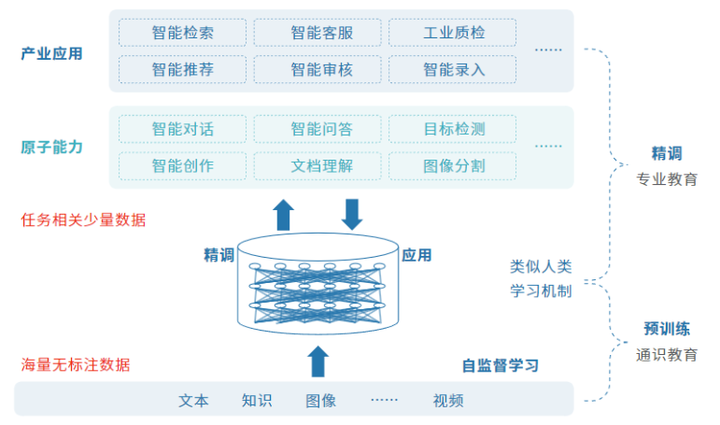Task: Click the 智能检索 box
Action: tap(182, 33)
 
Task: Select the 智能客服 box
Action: tap(318, 33)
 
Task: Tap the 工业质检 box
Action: tap(452, 33)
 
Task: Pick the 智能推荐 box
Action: tap(182, 69)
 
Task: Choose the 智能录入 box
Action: tap(452, 69)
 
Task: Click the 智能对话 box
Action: tap(182, 129)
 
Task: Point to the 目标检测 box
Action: tap(452, 129)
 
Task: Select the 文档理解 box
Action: tap(318, 166)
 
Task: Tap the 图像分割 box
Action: tap(452, 166)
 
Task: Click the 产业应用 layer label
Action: tap(51, 54)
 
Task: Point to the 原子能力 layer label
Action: tap(51, 147)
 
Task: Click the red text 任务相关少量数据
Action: tap(83, 220)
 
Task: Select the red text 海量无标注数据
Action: tap(76, 365)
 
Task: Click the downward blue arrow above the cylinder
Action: tap(352, 215)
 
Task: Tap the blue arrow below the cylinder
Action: tap(318, 361)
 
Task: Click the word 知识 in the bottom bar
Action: tap(257, 401)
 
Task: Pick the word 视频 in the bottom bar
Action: tap(447, 401)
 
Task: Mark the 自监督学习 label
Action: tap(500, 366)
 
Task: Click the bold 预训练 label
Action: tap(667, 329)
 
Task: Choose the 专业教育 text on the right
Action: tap(667, 179)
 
